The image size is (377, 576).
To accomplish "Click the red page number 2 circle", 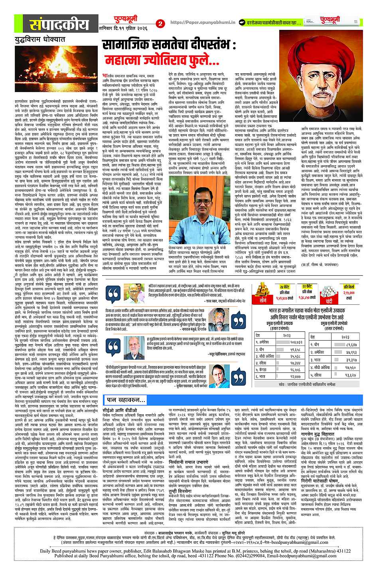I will [160, 24].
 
